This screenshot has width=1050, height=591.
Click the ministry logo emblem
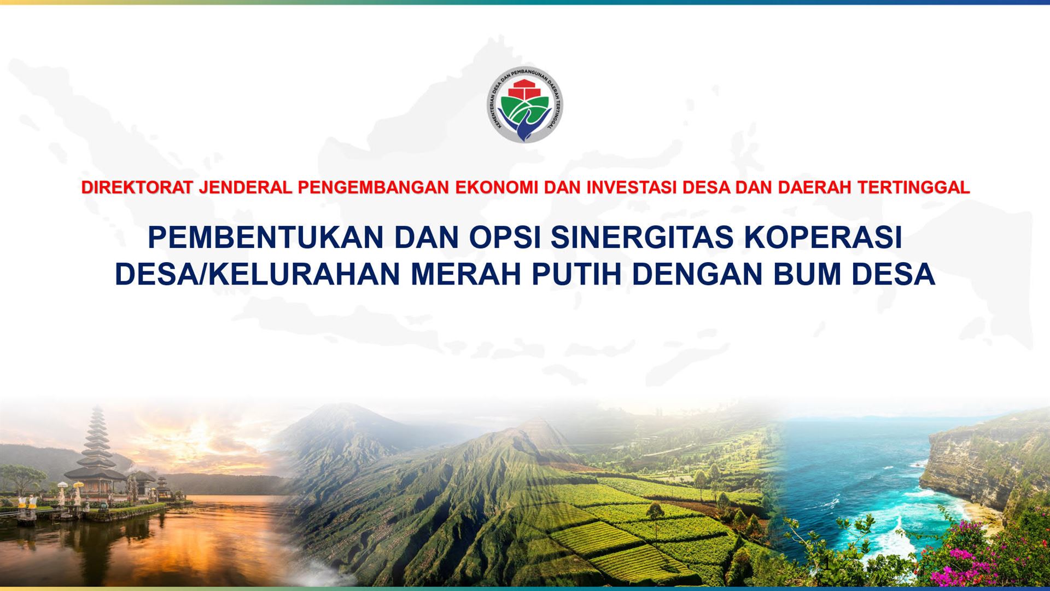(x=525, y=105)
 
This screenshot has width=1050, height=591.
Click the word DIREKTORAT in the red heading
(x=137, y=188)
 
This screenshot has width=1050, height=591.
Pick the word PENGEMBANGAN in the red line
(x=374, y=188)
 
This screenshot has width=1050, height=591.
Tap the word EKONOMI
(x=497, y=188)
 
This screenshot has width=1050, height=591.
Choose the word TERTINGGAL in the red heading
(x=913, y=188)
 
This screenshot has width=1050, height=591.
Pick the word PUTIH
(x=577, y=274)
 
